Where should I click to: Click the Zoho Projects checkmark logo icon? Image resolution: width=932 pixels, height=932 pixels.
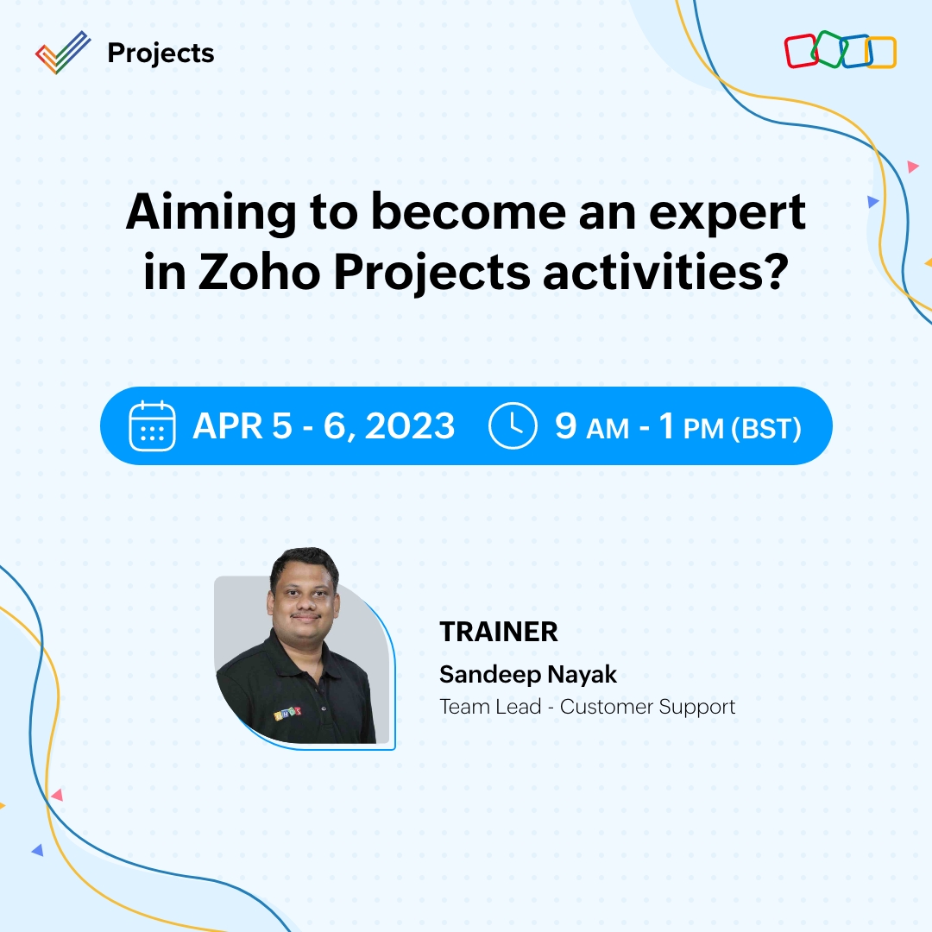pos(63,53)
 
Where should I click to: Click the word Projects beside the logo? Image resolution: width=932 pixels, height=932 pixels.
pos(161,54)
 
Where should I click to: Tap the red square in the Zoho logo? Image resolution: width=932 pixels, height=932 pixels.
pos(801,51)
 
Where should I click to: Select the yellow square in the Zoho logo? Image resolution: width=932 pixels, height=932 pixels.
pos(881,53)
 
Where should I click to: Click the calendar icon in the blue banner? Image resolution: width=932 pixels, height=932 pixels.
pos(152,426)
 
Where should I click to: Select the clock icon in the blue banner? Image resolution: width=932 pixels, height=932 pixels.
pos(513,426)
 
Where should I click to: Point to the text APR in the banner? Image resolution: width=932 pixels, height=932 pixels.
pos(227,426)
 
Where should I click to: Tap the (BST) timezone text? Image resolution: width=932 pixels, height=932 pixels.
pos(766,428)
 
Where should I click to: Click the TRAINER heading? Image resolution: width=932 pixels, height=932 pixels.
pos(499,632)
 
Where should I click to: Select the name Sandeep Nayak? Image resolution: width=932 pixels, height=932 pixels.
pos(528,673)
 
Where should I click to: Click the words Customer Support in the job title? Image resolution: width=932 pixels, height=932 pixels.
pos(647,706)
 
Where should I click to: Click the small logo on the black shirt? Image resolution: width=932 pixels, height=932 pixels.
pos(287,715)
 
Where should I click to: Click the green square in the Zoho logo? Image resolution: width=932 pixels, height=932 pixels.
pos(828,49)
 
